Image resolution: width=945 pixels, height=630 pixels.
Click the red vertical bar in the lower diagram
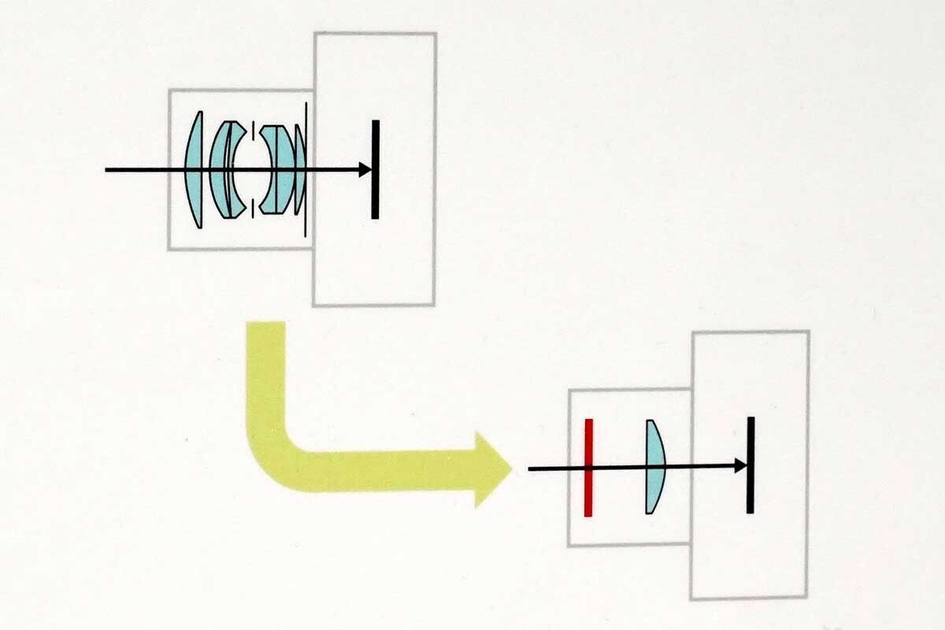588,468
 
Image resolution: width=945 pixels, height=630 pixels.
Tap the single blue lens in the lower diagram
654,466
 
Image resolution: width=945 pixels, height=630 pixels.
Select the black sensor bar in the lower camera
750,465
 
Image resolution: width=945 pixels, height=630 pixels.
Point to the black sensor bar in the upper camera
376,169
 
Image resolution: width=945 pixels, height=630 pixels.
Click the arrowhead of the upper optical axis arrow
365,169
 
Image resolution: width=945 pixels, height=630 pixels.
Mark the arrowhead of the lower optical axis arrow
740,466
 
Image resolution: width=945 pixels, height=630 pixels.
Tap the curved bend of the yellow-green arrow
272,453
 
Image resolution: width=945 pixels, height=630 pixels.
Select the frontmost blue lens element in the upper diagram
194,169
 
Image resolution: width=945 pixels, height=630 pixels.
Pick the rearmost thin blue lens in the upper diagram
299,169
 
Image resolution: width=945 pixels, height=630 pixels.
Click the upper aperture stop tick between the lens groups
253,130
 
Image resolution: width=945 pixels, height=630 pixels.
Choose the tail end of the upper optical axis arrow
107,169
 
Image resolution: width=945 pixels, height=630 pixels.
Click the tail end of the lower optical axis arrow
530,469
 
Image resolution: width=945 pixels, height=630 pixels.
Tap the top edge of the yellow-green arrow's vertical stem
265,323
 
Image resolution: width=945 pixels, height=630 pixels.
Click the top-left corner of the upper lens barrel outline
169,91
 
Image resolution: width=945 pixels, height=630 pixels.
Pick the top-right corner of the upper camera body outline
435,34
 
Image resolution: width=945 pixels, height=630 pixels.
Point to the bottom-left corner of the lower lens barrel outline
569,545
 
